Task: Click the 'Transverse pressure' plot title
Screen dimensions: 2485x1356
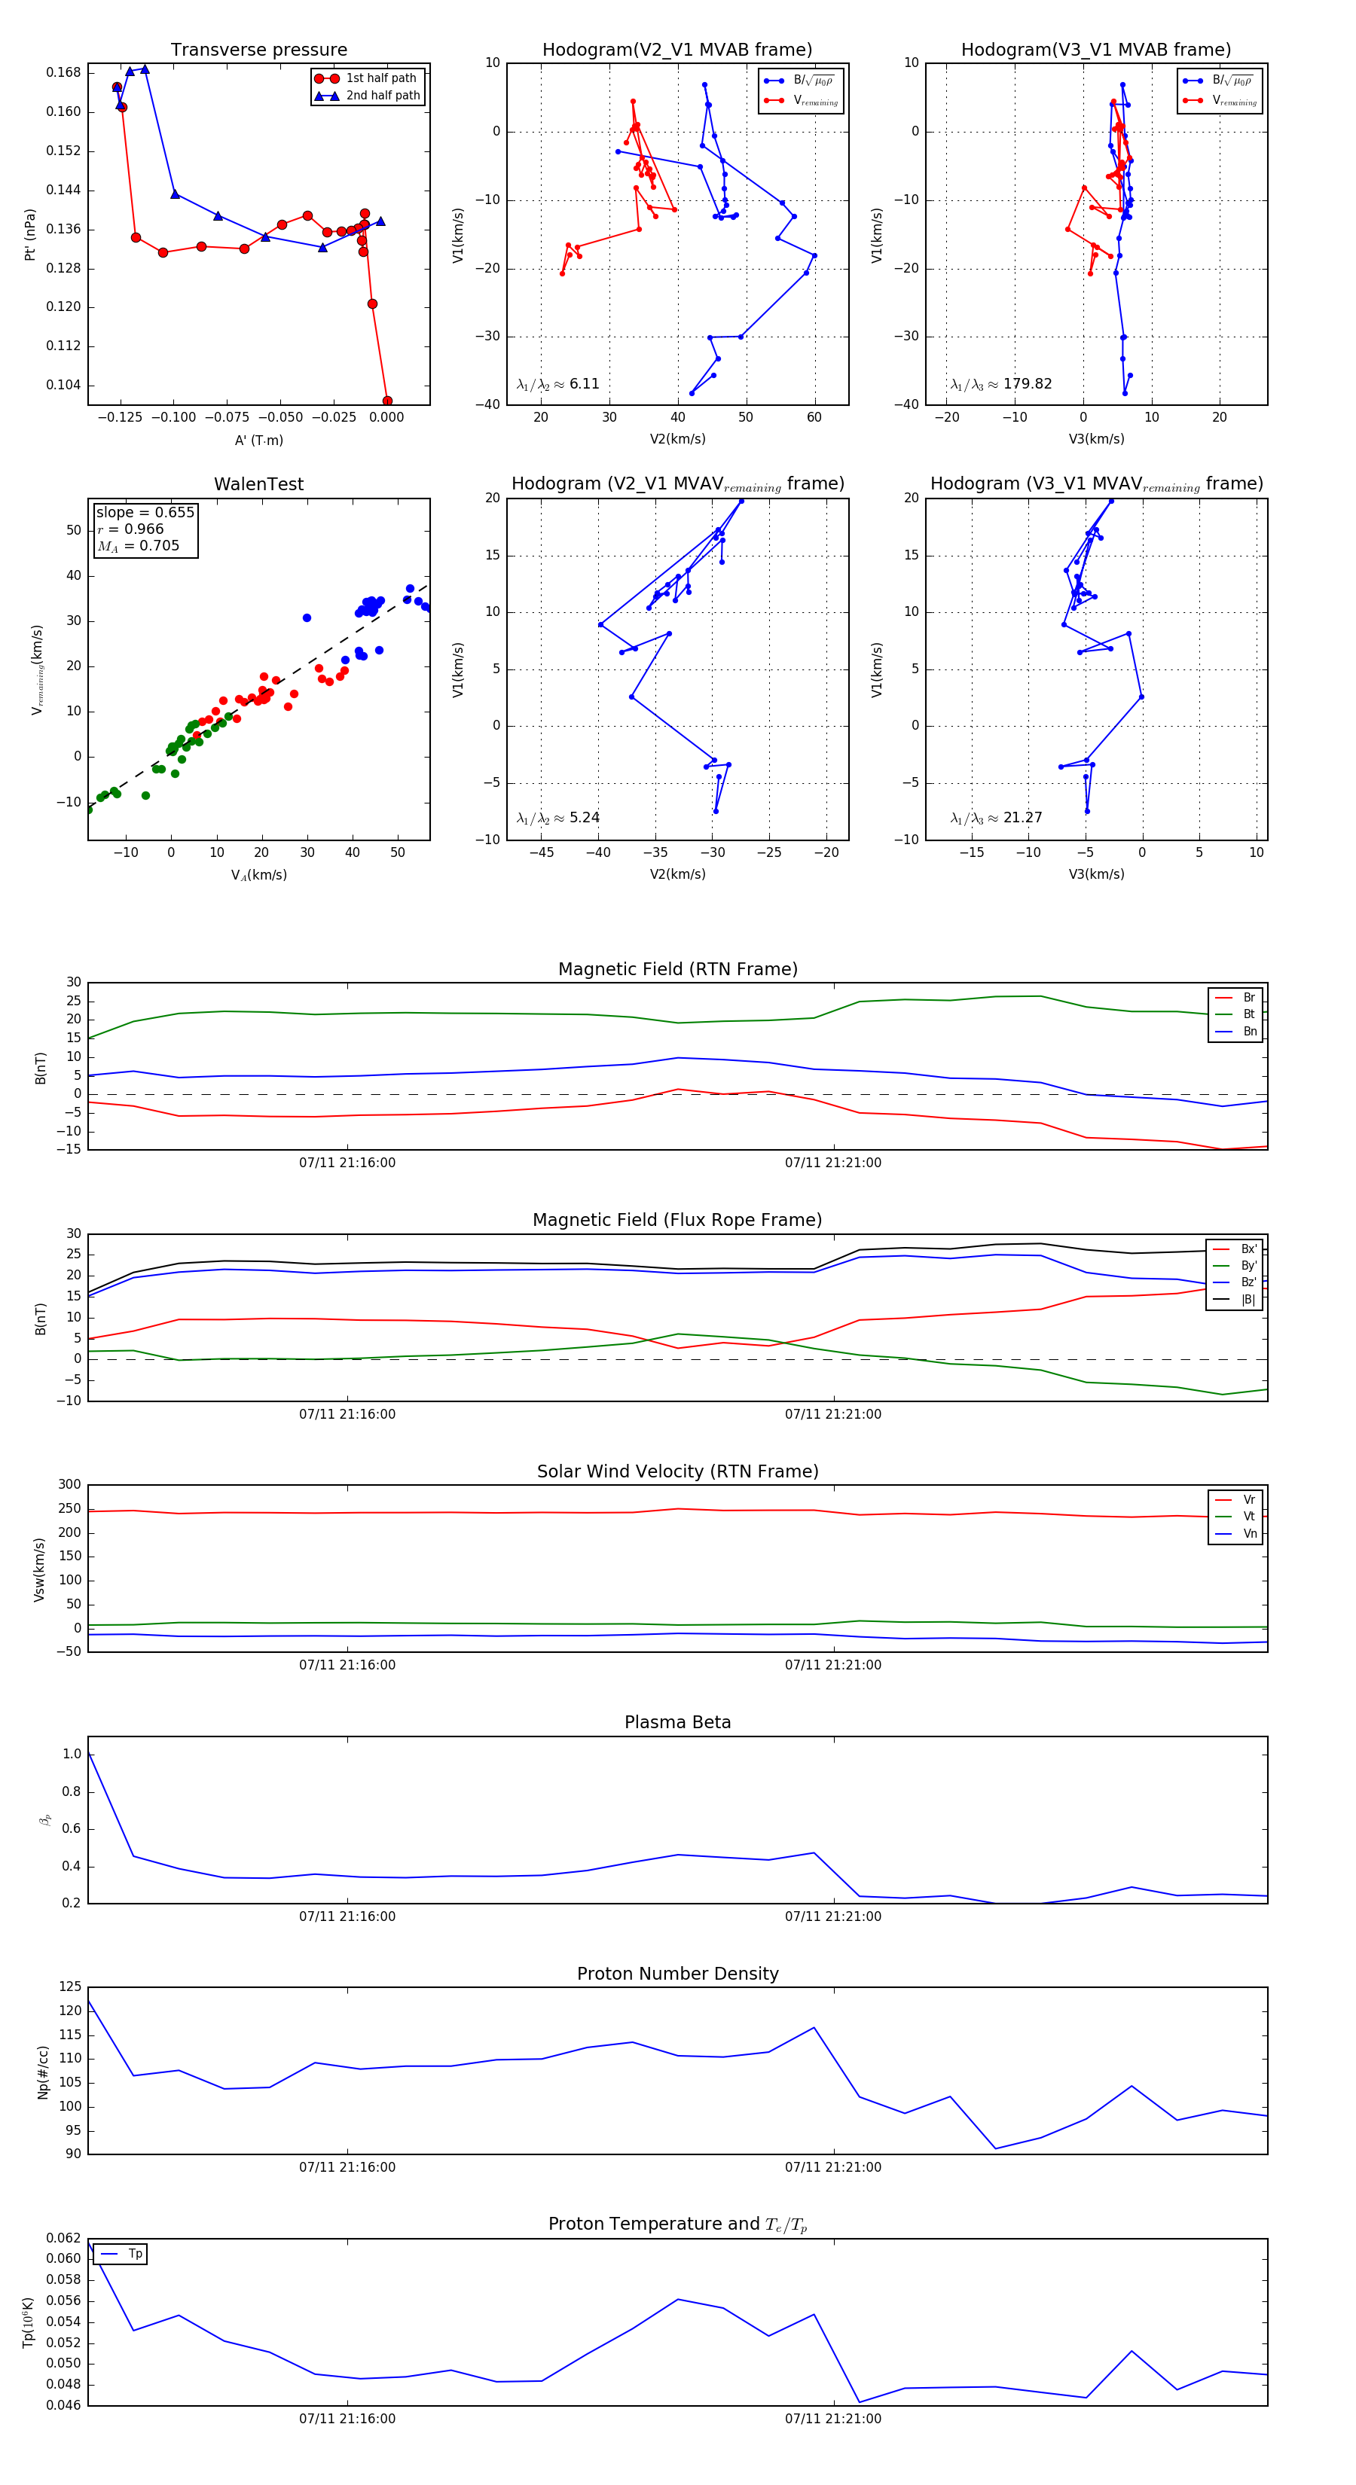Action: tap(258, 50)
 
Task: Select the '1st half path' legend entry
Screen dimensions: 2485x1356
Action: tap(380, 78)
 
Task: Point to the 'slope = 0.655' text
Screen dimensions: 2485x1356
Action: tap(145, 512)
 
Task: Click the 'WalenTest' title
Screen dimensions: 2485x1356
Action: tap(258, 484)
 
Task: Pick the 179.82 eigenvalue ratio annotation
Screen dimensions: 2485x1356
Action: tap(1001, 384)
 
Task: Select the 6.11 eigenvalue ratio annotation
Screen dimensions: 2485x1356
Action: tap(557, 384)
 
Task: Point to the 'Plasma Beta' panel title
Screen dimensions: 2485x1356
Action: tap(677, 1723)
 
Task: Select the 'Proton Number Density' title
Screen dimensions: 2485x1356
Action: tap(677, 1974)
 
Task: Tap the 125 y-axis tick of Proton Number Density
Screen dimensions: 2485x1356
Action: tap(71, 1987)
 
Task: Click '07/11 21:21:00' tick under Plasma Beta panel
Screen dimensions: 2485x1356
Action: tap(833, 1916)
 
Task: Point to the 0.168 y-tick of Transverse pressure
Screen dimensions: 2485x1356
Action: tap(64, 72)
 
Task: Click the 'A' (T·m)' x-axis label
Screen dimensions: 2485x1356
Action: tap(258, 441)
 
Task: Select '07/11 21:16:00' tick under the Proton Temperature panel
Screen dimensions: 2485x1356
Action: tap(347, 2419)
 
